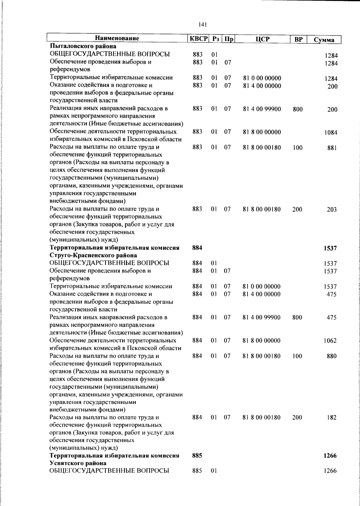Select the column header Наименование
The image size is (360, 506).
(117, 39)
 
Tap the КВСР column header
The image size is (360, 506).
(198, 39)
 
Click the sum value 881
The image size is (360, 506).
(332, 148)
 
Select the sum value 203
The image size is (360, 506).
(331, 209)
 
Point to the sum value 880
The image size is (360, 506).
(332, 356)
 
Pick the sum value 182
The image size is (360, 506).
(332, 417)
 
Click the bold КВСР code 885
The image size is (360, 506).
(197, 456)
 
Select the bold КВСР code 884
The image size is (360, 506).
(197, 248)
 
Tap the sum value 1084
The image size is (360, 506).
(331, 133)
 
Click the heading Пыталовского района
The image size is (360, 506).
(83, 47)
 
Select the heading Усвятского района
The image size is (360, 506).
(78, 463)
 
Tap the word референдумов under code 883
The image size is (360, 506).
(67, 70)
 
